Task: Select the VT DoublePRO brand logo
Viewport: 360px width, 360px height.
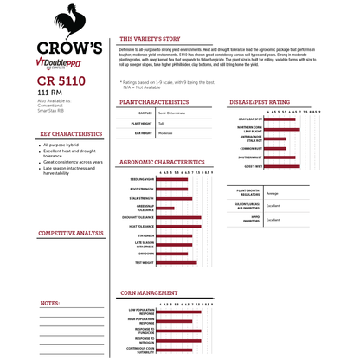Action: click(67, 63)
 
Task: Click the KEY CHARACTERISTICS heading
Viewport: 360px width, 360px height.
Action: click(71, 134)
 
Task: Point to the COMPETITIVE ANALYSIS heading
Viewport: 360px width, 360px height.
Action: click(71, 234)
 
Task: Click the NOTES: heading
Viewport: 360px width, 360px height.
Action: click(50, 304)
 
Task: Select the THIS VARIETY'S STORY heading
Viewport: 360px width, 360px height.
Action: click(149, 39)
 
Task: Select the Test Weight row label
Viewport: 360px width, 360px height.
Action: click(144, 261)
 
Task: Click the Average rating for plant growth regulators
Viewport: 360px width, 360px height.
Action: click(273, 193)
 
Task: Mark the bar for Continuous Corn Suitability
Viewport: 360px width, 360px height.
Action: click(172, 350)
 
